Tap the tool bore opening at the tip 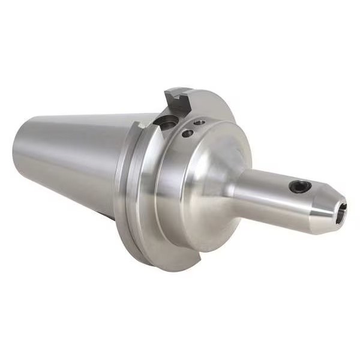341,213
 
